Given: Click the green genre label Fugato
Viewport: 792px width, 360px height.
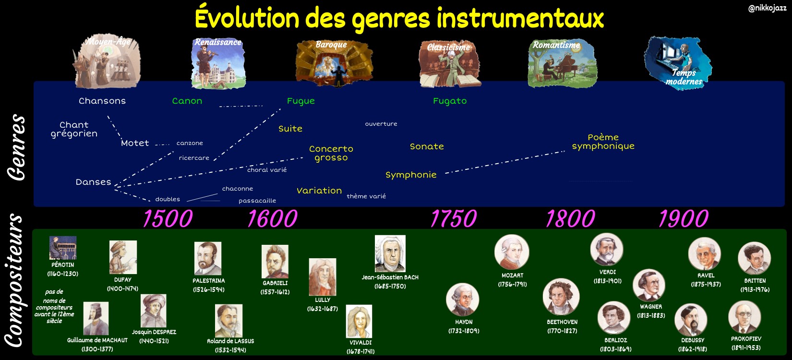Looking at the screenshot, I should pos(450,101).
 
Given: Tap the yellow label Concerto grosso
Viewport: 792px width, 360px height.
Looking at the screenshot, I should pos(331,153).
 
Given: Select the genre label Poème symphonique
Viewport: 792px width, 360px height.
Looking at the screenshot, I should pos(603,142).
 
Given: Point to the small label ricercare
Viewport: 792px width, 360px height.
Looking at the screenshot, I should pos(194,158).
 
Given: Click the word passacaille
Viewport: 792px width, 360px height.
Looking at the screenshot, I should pos(257,201).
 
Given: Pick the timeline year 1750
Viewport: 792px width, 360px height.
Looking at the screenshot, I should pos(454,219).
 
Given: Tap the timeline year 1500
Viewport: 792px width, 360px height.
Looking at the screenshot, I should pos(168,219).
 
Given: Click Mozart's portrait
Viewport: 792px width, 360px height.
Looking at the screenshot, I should pos(512,252).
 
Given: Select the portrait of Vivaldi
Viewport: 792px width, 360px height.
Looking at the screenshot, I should pos(359,322).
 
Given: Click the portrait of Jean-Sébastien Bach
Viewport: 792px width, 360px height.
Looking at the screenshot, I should pos(390,253).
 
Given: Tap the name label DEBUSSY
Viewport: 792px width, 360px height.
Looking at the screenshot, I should pos(693,340).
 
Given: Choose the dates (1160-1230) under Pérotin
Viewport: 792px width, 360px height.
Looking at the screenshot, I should pos(63,274).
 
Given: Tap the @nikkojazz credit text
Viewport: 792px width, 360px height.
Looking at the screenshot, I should pos(767,8).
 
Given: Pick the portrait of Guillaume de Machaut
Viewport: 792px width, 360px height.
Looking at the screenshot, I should pos(96,318).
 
